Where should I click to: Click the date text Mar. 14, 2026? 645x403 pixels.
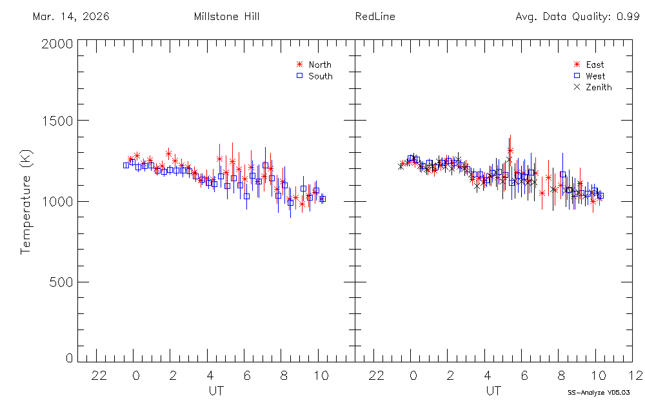pos(71,17)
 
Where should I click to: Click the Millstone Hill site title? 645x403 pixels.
pos(226,17)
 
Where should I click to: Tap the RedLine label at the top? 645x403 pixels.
pos(375,17)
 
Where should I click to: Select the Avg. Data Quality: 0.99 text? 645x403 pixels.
pos(577,17)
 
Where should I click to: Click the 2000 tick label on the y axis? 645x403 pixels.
pos(57,44)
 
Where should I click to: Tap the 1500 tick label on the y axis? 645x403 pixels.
pos(57,121)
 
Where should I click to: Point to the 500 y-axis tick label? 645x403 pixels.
pos(61,282)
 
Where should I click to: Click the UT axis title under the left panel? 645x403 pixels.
pos(216,390)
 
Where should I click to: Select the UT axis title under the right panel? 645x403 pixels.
pos(493,390)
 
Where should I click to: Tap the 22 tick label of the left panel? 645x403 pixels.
pos(99,375)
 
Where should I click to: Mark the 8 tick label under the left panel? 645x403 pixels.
pos(284,375)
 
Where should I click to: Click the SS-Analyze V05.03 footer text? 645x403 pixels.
pos(599,392)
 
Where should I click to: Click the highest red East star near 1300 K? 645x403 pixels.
pos(510,151)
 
